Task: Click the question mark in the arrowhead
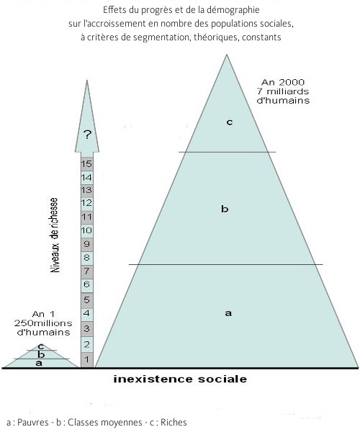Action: [x=87, y=135]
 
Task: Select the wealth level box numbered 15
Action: [x=87, y=164]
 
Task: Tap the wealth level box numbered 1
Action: [x=87, y=359]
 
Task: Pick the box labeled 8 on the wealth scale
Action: [x=87, y=258]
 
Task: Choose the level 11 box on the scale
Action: [x=87, y=217]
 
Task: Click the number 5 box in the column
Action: [x=87, y=300]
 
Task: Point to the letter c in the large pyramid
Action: [x=230, y=122]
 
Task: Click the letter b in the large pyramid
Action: [x=225, y=209]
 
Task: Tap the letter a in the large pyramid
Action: [x=228, y=313]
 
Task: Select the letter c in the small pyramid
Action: [x=41, y=346]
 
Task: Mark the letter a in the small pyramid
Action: [x=39, y=363]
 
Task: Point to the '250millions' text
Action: [x=43, y=323]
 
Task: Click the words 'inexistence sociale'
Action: [x=180, y=379]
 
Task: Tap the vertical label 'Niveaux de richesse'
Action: [x=55, y=235]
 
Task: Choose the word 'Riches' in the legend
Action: [x=174, y=423]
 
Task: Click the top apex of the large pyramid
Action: [x=227, y=55]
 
